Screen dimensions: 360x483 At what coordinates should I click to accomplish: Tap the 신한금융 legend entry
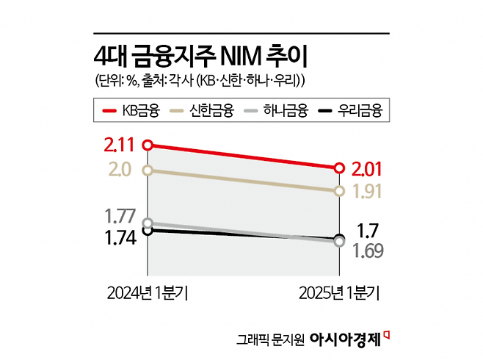tap(201, 111)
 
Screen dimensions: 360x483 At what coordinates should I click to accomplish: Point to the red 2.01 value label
tap(368, 168)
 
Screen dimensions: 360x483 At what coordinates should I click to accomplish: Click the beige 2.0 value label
tap(118, 170)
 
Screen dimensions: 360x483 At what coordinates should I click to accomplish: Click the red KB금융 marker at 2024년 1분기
tap(148, 145)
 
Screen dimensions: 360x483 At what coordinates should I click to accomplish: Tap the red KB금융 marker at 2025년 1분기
tap(339, 168)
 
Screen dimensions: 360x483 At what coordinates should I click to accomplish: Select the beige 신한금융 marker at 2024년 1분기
tap(148, 170)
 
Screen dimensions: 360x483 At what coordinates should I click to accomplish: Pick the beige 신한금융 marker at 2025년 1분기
tap(339, 191)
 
